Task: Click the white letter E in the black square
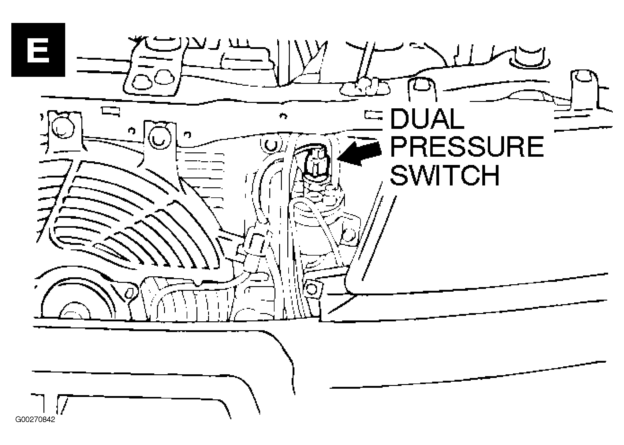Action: [38, 50]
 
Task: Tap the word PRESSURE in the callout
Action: [467, 147]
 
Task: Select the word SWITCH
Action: [445, 175]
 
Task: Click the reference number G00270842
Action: [35, 420]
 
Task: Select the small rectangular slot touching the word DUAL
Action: [374, 115]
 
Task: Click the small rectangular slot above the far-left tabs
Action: [110, 111]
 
